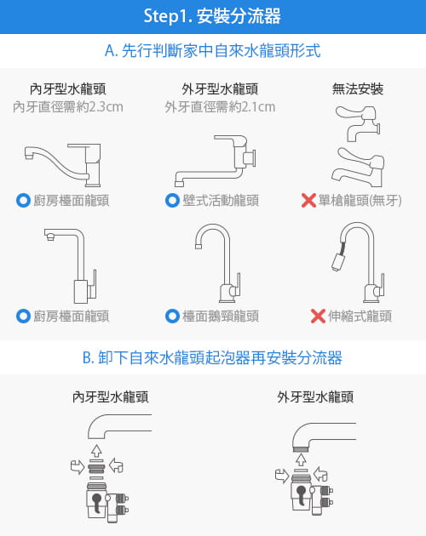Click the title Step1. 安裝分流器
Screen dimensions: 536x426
pos(212,16)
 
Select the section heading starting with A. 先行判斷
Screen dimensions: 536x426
pos(212,51)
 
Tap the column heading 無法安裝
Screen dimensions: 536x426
pos(358,88)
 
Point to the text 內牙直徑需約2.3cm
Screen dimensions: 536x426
pos(68,107)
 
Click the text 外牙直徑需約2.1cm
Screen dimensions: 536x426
pos(220,107)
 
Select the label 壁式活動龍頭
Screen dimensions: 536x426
pos(221,201)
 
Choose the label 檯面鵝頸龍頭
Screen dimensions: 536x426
pos(221,316)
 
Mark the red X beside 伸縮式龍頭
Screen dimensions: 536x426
pos(318,316)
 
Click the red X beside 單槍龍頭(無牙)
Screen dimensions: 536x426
pos(309,201)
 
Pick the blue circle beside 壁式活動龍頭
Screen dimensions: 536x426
pos(172,201)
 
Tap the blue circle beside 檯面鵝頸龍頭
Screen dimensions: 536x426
pos(172,316)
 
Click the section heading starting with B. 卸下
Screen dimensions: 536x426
pos(212,358)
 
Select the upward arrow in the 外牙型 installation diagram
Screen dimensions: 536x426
pos(299,459)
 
